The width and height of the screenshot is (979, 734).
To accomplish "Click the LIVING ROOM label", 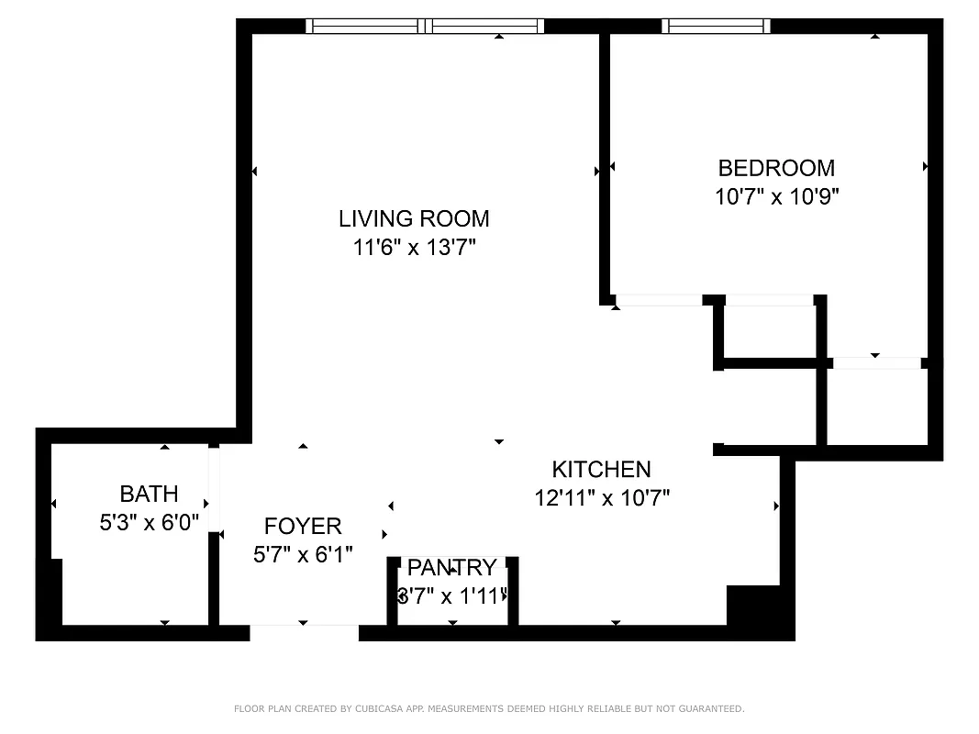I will tap(414, 218).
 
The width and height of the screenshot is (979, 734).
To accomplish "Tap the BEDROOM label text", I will tap(776, 168).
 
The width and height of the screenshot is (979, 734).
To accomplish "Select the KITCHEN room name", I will tap(601, 469).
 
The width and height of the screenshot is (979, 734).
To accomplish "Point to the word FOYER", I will tap(303, 526).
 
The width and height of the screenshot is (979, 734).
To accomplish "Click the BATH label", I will tap(149, 495).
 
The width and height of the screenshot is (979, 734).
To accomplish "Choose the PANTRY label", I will tap(451, 567).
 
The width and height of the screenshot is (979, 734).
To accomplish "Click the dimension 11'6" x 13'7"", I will tap(414, 247).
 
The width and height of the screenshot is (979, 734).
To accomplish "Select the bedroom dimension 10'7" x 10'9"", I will tap(776, 196).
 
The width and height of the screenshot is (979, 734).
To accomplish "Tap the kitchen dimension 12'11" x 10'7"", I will tap(602, 498).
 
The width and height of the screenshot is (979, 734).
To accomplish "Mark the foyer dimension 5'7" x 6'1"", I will tap(303, 554).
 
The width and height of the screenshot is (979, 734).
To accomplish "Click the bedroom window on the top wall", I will tap(716, 26).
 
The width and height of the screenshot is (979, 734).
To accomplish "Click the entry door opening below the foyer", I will tap(304, 632).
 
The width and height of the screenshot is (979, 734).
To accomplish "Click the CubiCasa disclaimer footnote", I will tap(489, 708).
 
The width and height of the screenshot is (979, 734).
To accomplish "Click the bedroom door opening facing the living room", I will tap(658, 300).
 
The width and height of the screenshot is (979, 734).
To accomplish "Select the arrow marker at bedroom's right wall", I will tap(926, 167).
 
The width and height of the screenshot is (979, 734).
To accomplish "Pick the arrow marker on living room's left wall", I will tap(254, 172).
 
